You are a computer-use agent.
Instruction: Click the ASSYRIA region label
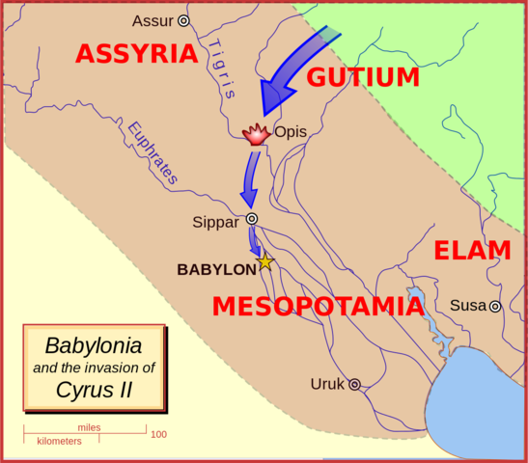136,54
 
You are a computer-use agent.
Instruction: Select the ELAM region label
472,251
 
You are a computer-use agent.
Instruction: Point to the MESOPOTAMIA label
318,307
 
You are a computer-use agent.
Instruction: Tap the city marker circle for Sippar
252,219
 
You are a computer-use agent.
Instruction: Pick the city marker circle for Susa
495,307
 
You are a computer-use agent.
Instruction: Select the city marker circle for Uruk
354,384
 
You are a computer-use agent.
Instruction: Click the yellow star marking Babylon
264,262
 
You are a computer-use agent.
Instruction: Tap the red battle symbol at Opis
255,134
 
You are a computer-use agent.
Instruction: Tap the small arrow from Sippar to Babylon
256,243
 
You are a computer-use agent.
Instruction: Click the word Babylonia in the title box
94,344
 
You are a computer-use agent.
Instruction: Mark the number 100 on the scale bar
158,434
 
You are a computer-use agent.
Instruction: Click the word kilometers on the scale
59,441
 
